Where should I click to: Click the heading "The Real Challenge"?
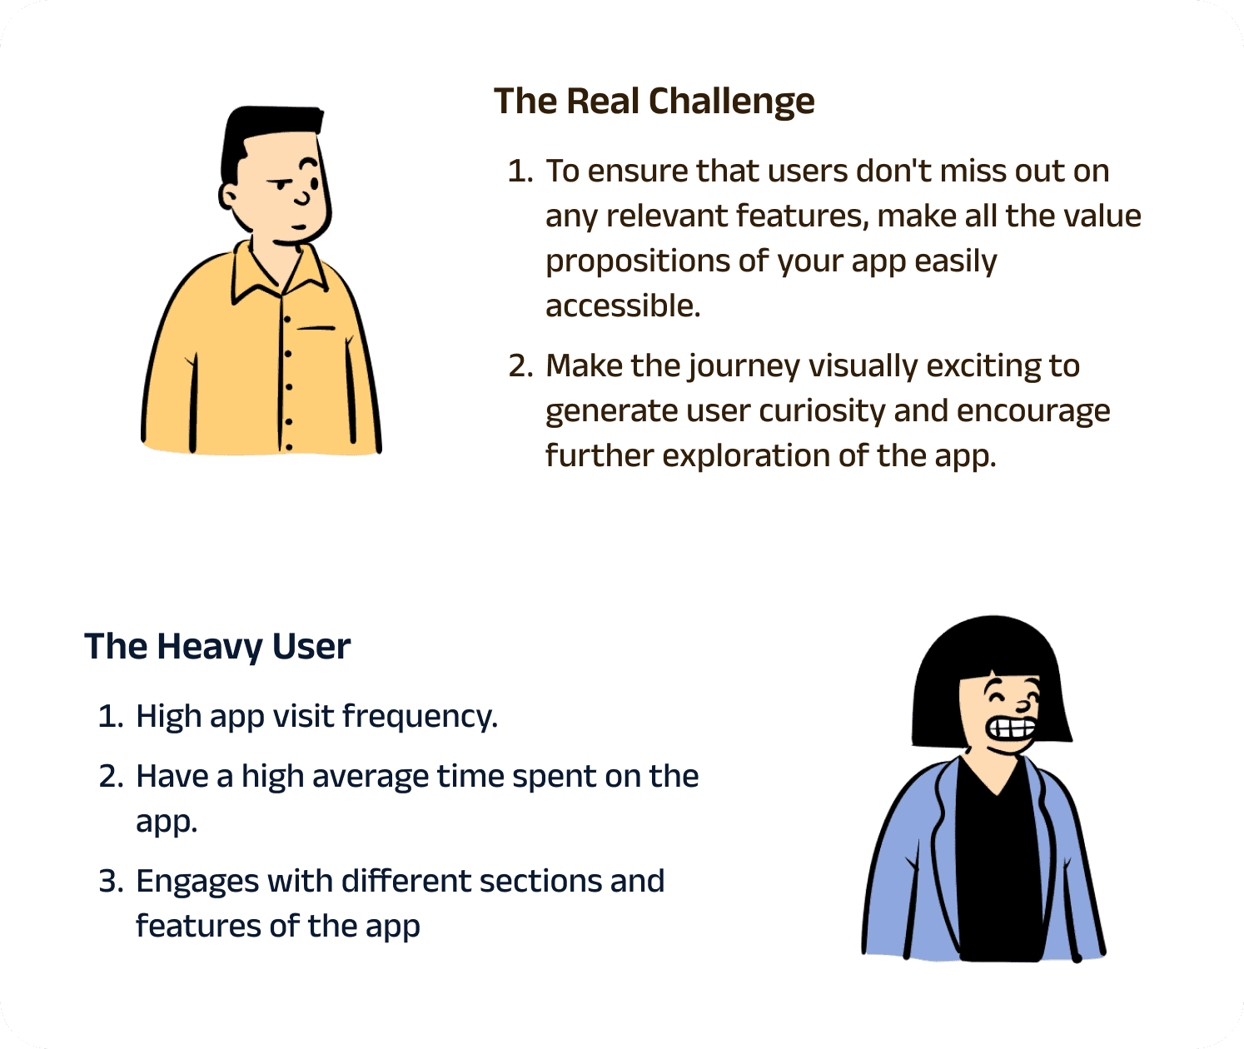[654, 102]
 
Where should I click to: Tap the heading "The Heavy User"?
[217, 647]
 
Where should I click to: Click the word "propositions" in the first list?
[638, 262]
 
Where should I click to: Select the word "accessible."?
[623, 306]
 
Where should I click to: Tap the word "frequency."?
[420, 717]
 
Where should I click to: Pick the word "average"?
[371, 778]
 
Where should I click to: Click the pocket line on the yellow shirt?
[316, 328]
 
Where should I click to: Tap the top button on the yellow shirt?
[287, 320]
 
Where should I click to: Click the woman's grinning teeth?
[1012, 728]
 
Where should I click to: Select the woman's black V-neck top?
[998, 863]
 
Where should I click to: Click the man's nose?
[303, 197]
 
